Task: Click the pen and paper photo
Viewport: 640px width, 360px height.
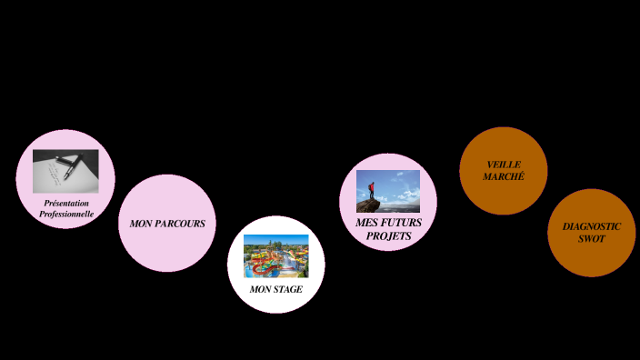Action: click(65, 171)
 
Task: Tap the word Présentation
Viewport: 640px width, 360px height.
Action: click(66, 203)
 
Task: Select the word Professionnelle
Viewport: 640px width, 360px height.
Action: click(66, 215)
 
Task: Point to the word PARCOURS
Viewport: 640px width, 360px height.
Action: click(183, 224)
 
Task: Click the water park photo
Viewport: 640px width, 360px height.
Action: click(275, 255)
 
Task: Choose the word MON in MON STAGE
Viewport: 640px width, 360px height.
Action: click(260, 289)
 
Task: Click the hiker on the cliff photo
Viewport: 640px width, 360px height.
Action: click(388, 191)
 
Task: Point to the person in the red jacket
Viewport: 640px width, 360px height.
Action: click(371, 189)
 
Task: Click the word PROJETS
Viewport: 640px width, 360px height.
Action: click(388, 236)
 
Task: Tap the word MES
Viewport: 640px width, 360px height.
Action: click(366, 223)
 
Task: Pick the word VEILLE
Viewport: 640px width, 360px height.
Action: click(504, 165)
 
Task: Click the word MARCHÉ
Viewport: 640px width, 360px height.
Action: click(504, 176)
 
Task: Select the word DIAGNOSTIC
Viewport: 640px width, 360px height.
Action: click(591, 226)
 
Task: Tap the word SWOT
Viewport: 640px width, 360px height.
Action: click(591, 238)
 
